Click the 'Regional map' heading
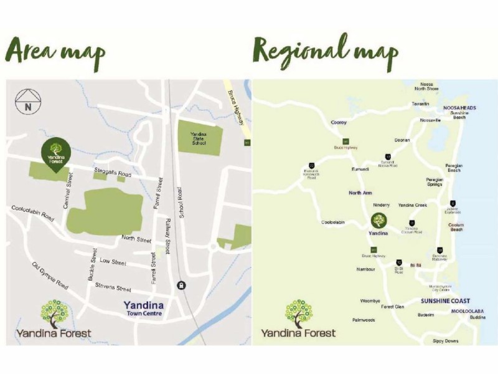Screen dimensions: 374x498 [x=325, y=52]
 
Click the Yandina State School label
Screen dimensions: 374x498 [x=199, y=136]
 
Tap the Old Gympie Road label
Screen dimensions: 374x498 [x=50, y=276]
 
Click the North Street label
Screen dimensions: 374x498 [x=136, y=239]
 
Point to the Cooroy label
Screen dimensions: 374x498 [x=339, y=123]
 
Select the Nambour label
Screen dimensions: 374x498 [x=365, y=269]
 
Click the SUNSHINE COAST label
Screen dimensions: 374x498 [x=444, y=300]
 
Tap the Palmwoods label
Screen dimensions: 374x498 [x=363, y=320]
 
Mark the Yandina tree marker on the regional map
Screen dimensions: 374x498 [x=378, y=221]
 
